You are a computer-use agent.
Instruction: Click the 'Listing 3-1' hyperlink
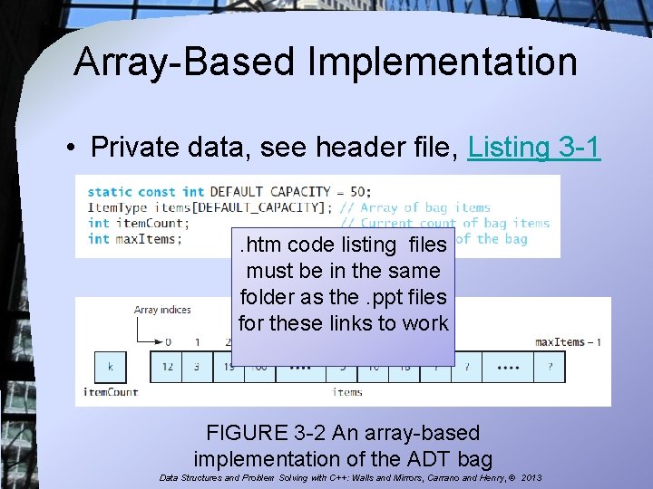(534, 147)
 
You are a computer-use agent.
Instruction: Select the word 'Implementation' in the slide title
(442, 62)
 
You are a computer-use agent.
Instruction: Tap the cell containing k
(110, 366)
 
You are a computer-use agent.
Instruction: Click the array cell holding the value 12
(167, 366)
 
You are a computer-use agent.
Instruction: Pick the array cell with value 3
(197, 366)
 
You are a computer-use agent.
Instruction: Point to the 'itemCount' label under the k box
(111, 392)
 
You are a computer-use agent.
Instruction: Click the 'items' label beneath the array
(347, 392)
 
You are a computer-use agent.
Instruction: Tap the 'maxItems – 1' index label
(568, 341)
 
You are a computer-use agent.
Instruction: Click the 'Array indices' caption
(162, 310)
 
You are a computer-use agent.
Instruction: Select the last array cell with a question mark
(550, 366)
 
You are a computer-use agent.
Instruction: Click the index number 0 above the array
(167, 341)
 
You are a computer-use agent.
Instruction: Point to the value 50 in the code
(360, 191)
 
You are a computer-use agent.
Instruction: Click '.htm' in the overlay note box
(258, 244)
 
